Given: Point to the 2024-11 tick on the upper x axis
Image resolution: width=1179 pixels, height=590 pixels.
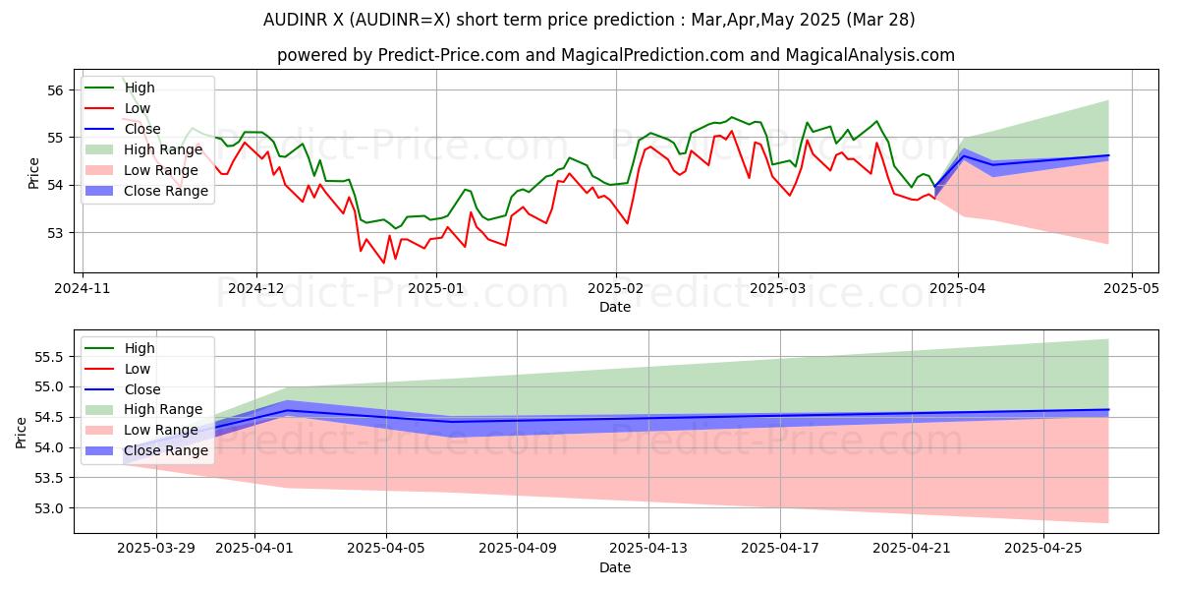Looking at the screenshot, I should (x=82, y=289).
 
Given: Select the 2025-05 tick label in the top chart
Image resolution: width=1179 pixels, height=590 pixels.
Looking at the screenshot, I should (x=1131, y=289).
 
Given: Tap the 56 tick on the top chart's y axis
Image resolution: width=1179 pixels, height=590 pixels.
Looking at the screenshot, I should (x=56, y=90).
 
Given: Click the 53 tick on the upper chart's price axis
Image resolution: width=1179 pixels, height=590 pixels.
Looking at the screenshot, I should (x=56, y=233).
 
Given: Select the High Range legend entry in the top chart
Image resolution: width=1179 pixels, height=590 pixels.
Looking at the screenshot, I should (x=163, y=149).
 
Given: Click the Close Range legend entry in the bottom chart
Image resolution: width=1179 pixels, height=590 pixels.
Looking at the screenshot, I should (x=166, y=450).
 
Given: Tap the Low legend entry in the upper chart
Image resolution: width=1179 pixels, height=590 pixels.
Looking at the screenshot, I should (x=138, y=108).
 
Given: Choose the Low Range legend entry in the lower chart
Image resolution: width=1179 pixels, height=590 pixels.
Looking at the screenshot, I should (x=162, y=430).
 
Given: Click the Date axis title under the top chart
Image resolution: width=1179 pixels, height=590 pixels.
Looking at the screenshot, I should (x=616, y=308).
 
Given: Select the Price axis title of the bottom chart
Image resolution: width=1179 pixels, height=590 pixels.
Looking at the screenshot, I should (x=21, y=431).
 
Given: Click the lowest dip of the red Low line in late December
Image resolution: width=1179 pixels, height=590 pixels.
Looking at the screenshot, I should (x=384, y=263).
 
